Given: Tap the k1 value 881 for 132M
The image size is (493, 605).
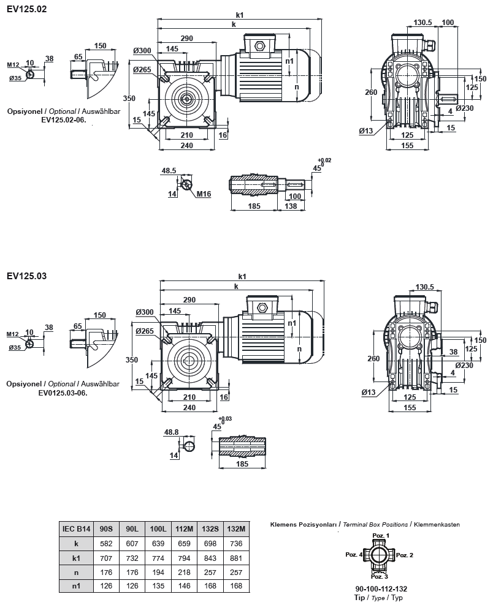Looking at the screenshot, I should (236, 558).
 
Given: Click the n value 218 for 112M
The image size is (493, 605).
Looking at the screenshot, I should (183, 573).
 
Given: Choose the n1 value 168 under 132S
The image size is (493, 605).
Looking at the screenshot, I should (210, 587).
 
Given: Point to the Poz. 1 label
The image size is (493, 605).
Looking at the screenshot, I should (380, 535).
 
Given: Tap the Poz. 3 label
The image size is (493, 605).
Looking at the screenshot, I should (380, 576).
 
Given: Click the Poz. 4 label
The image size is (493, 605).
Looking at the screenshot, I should (353, 554).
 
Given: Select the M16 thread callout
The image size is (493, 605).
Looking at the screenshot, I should (204, 194).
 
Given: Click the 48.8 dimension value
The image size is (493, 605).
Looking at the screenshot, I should (172, 432).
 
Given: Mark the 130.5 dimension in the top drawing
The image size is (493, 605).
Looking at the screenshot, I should (423, 23).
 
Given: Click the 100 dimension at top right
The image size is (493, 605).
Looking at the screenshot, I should (448, 23).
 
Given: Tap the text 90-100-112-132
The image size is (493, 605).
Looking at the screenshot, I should (380, 588).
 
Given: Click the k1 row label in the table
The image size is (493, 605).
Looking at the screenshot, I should (76, 558).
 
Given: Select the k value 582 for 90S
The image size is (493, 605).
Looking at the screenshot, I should (105, 543).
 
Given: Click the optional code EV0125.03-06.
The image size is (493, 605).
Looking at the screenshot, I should (64, 393).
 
